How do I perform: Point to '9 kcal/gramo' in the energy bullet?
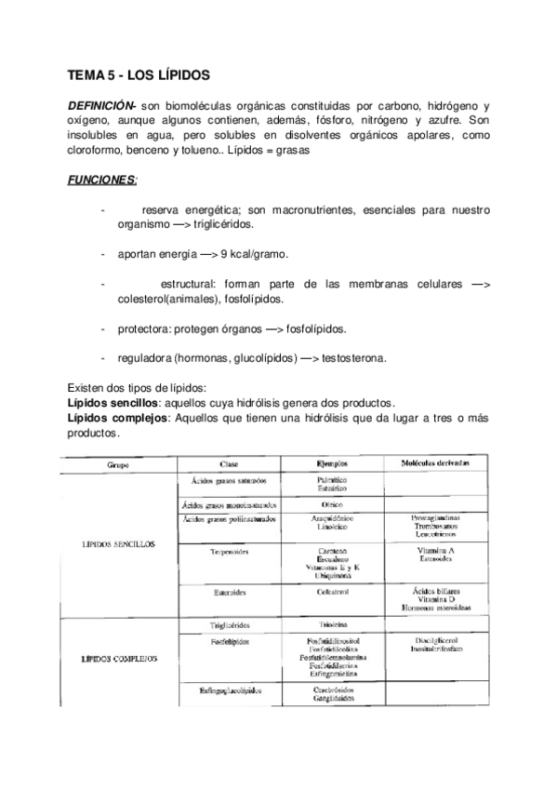pos(254,254)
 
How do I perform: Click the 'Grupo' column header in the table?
pos(118,463)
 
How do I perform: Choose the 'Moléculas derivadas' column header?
pos(434,462)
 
